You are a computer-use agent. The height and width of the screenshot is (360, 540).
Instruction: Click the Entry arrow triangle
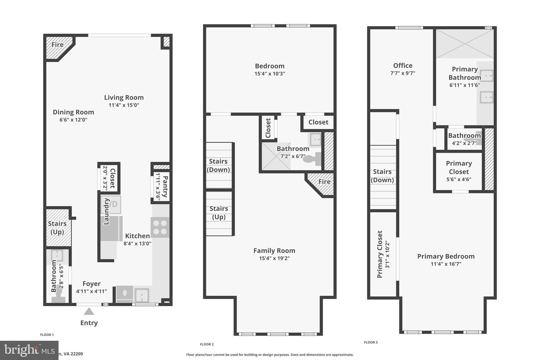(89, 311)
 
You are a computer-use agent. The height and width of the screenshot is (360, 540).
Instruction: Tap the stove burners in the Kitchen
(160, 227)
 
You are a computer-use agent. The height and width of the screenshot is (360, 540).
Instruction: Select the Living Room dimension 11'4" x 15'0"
(124, 105)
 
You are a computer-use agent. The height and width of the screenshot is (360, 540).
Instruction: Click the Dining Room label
(73, 112)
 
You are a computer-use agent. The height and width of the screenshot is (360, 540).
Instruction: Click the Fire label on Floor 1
(57, 45)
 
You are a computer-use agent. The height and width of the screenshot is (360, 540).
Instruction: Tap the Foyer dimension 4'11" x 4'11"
(91, 291)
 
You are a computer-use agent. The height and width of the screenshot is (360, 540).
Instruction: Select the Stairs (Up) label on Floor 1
(57, 228)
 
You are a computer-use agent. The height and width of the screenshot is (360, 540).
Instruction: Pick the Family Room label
(274, 251)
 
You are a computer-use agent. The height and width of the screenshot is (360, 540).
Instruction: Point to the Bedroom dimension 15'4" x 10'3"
(269, 74)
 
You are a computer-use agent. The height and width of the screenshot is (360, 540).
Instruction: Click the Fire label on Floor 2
(324, 182)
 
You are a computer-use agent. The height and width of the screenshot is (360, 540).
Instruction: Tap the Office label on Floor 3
(403, 65)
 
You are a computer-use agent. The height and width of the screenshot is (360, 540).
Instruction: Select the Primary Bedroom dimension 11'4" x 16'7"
(446, 264)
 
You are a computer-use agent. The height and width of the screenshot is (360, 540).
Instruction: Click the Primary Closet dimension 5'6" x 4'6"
(459, 179)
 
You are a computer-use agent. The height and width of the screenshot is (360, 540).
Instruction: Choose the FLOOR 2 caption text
(207, 344)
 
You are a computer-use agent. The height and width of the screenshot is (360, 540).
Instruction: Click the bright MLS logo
(29, 350)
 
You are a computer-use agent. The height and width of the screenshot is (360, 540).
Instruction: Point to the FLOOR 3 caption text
(371, 342)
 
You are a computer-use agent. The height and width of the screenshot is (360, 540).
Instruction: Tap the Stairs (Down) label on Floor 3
(382, 176)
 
